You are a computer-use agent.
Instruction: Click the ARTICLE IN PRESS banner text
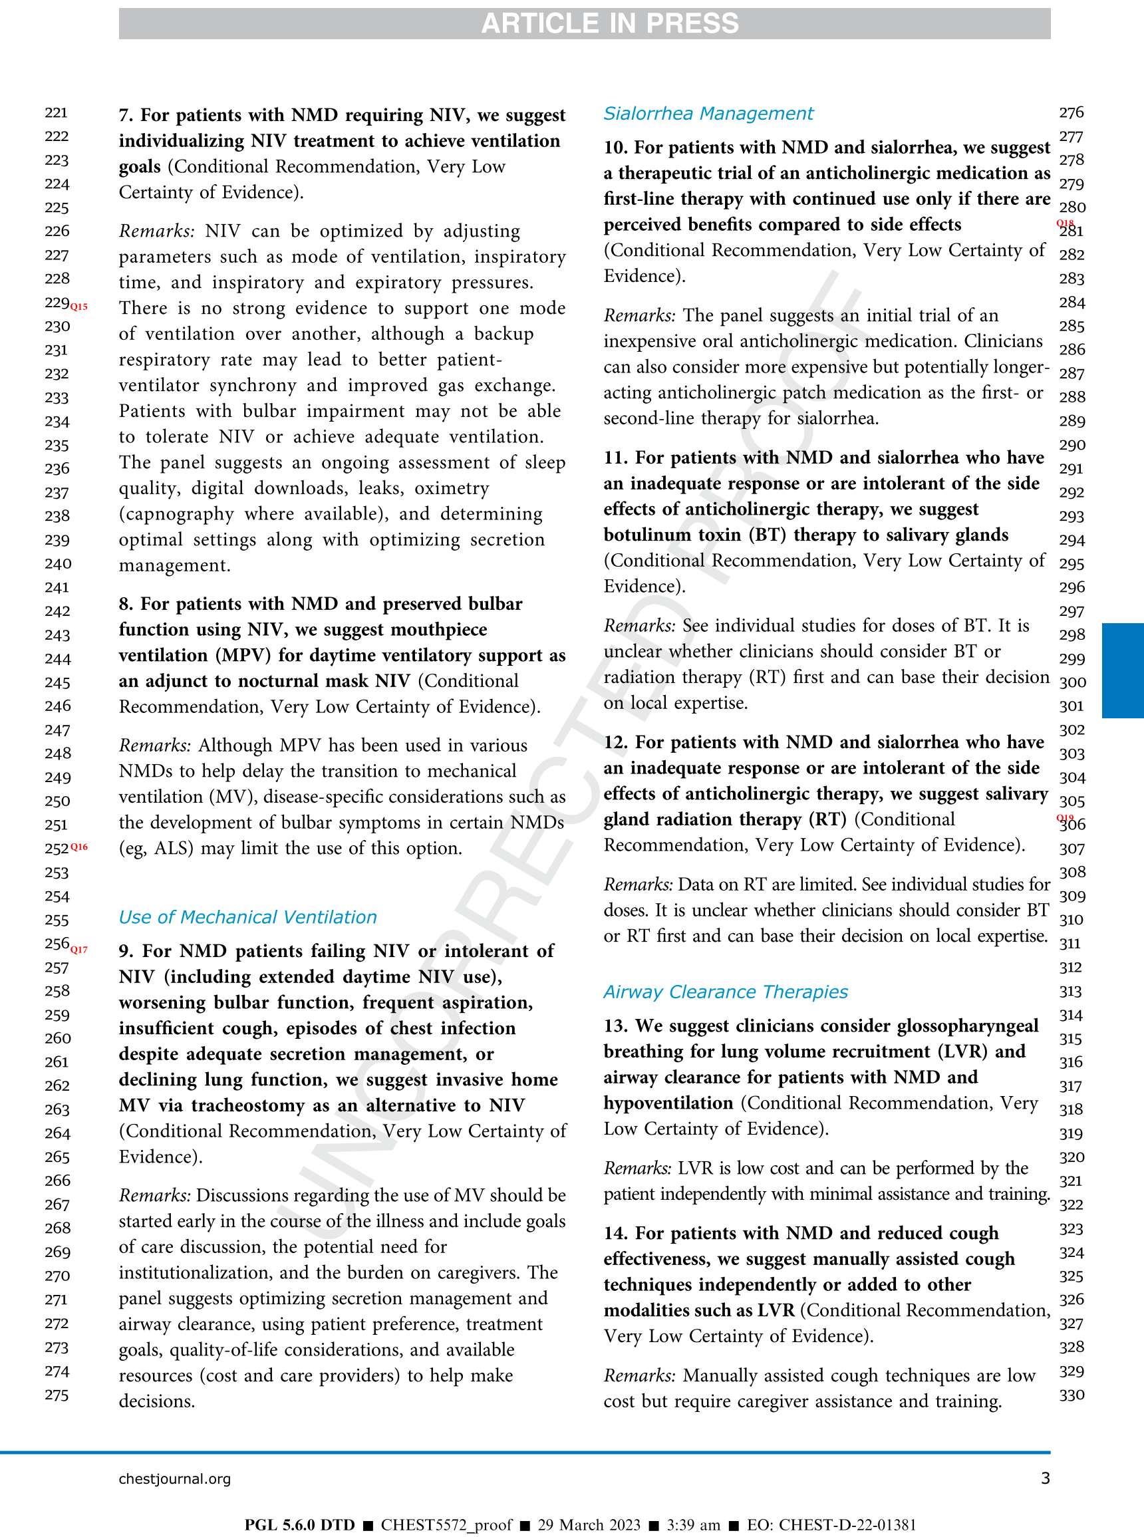609,23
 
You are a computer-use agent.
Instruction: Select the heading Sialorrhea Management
708,113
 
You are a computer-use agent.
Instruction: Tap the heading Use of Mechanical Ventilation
247,916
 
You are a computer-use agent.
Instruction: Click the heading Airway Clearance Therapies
725,992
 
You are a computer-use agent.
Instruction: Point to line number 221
56,112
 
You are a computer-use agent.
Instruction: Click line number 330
1072,1395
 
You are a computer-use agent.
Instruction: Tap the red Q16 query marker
80,847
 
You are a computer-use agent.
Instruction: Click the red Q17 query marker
80,949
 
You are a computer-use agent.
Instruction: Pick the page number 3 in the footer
1045,1478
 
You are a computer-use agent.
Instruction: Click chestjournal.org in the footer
174,1479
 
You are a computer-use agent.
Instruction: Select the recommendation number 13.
615,1026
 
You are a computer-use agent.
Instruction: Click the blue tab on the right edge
1123,670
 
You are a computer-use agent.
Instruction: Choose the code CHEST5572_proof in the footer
447,1525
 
